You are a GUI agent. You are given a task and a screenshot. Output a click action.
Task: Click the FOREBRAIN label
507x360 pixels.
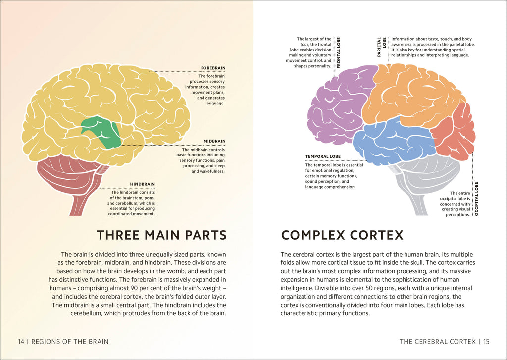coord(213,68)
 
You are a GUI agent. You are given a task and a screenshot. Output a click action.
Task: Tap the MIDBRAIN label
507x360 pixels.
coord(214,141)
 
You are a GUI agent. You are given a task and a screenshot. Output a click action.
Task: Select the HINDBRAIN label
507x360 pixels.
coord(142,184)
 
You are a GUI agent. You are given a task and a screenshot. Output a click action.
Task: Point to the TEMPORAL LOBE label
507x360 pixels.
coord(323,156)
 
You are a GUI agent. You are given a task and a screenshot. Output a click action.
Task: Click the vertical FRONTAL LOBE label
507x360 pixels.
coord(339,52)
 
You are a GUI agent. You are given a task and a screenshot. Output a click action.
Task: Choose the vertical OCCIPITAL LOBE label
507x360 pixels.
coord(476,199)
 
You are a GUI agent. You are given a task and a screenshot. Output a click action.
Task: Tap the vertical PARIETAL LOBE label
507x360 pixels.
coord(382,47)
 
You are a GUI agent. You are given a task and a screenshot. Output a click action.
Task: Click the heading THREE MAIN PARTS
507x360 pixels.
coord(161,235)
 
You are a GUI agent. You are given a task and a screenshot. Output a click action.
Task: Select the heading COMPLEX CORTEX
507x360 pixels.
coord(342,235)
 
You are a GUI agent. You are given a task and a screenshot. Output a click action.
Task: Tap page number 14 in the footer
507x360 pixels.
coord(21,342)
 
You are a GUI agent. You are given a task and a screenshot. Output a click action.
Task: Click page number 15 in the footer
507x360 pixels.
coord(486,342)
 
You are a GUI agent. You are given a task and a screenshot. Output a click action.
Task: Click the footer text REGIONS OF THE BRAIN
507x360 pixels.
coord(70,342)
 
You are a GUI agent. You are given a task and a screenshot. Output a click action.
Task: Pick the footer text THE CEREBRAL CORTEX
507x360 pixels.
coord(438,342)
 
